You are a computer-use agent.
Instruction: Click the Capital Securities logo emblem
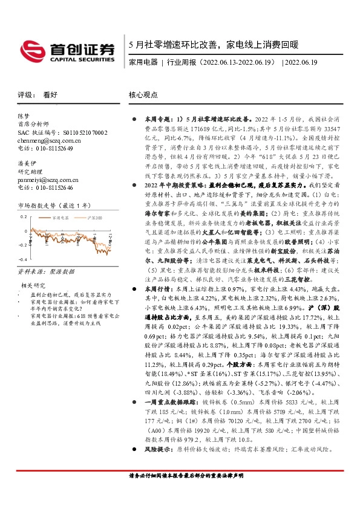tap(30, 48)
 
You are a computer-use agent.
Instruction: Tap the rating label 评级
tap(24, 95)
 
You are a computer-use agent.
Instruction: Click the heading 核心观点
tap(143, 95)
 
